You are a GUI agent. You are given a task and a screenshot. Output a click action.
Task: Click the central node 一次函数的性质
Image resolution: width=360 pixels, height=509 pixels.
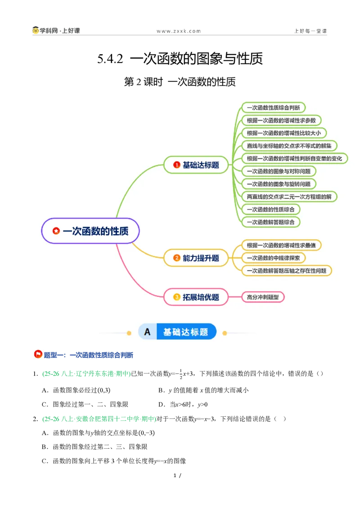90,231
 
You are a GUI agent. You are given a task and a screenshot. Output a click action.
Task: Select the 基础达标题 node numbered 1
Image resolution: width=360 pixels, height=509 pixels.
196,165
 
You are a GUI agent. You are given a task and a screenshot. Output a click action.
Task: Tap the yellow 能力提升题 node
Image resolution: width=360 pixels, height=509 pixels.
196,258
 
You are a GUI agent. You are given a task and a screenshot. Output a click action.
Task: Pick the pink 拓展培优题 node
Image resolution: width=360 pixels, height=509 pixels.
196,297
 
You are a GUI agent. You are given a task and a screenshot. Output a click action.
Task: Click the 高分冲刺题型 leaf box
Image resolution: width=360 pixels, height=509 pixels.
263,297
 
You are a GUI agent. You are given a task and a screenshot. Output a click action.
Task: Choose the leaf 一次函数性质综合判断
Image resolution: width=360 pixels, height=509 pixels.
273,107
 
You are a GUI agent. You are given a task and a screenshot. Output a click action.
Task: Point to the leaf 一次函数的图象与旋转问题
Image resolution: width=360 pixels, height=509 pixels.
279,184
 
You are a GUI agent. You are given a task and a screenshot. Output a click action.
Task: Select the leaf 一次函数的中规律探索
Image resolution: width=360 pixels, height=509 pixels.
273,258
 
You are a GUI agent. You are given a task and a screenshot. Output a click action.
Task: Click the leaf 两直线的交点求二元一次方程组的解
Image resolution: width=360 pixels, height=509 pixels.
289,196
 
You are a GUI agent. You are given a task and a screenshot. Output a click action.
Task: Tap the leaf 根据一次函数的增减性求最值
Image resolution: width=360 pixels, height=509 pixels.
281,246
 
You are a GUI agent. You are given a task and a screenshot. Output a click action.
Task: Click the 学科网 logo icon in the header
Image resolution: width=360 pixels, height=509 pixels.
36,30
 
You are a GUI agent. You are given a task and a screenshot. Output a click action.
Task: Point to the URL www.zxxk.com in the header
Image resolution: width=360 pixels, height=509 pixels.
179,31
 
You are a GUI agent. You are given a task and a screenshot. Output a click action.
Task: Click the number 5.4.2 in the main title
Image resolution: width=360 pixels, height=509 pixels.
110,59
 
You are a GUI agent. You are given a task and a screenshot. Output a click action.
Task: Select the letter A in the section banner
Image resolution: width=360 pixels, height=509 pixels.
147,332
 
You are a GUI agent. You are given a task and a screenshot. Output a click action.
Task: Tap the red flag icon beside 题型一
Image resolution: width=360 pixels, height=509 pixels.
38,354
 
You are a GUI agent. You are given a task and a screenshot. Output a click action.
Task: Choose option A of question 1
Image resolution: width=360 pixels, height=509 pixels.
76,390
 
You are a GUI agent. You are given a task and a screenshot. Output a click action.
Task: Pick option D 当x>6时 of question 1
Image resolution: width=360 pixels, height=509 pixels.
183,405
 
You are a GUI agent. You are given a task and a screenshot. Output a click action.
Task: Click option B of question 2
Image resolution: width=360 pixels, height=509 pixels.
94,446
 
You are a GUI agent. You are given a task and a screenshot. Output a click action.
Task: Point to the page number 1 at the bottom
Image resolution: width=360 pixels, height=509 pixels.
175,476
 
